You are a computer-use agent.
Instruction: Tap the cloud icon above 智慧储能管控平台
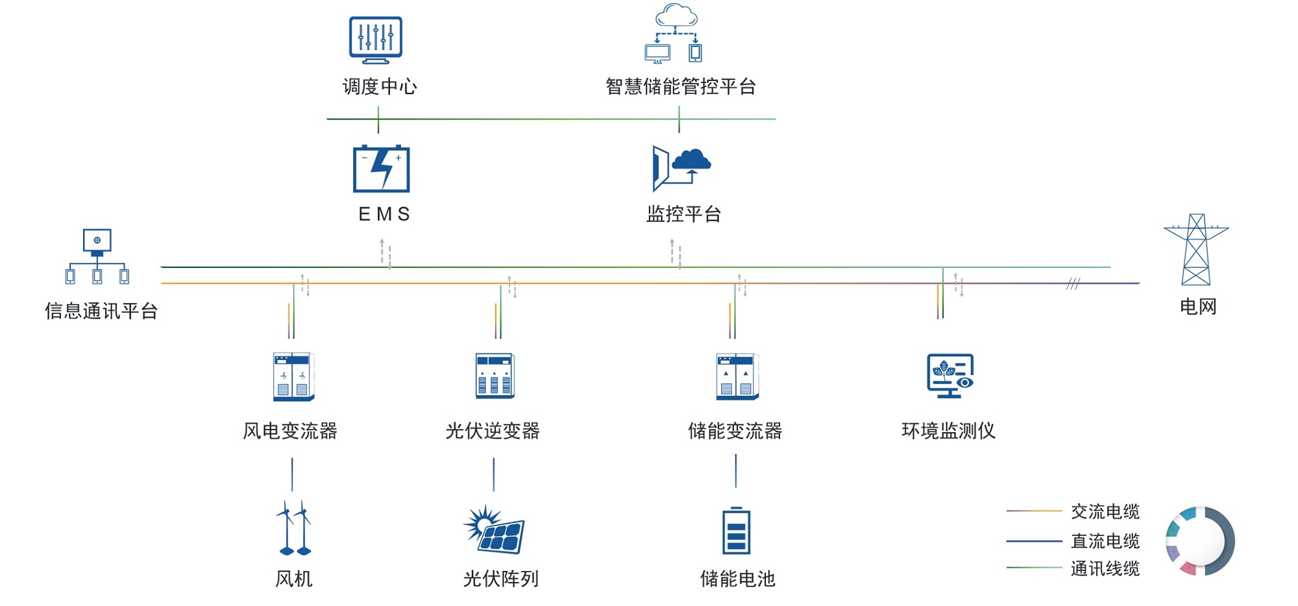click(675, 34)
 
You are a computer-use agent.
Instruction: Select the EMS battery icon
click(382, 169)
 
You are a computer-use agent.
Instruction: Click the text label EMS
click(384, 214)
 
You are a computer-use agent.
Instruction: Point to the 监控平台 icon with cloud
click(681, 167)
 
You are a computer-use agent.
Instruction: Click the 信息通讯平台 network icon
click(97, 257)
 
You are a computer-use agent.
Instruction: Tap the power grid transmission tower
click(1196, 250)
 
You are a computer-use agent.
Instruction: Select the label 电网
click(1198, 306)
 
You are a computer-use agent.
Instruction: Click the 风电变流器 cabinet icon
click(293, 376)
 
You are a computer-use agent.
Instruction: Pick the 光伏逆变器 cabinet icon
click(495, 376)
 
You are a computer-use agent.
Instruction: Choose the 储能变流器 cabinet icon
click(737, 376)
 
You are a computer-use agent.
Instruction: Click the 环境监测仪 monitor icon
click(950, 376)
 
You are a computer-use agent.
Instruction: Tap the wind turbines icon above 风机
click(293, 528)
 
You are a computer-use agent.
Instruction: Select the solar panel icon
click(495, 529)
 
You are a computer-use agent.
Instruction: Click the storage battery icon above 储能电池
click(736, 531)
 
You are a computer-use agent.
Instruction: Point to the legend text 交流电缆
click(1105, 511)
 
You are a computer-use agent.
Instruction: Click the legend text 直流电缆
click(1105, 540)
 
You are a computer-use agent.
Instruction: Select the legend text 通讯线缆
click(1105, 568)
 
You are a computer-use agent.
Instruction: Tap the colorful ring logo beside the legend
click(1200, 541)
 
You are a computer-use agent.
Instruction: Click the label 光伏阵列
click(500, 578)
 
